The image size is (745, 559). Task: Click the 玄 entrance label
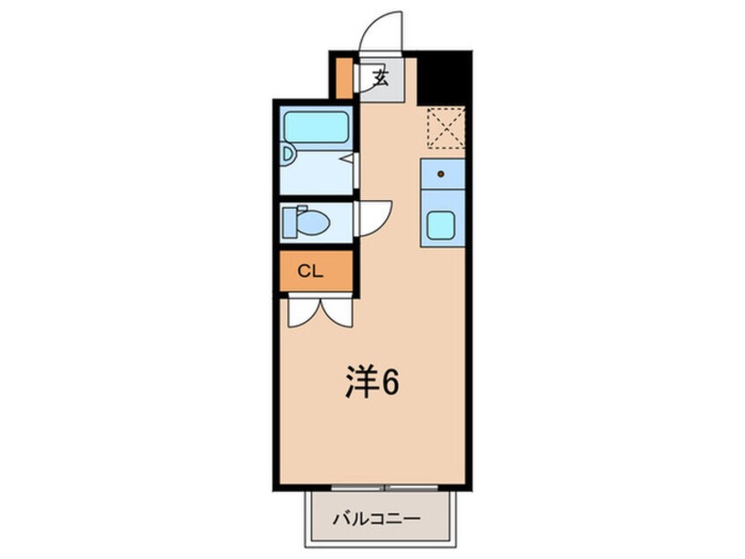click(380, 77)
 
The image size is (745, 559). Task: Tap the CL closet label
click(309, 272)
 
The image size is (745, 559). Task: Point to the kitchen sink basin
click(440, 227)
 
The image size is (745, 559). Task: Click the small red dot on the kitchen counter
click(441, 175)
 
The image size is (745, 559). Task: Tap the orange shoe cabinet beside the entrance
click(343, 78)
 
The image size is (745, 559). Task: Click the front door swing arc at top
click(387, 30)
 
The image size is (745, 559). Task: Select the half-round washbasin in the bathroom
click(287, 154)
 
